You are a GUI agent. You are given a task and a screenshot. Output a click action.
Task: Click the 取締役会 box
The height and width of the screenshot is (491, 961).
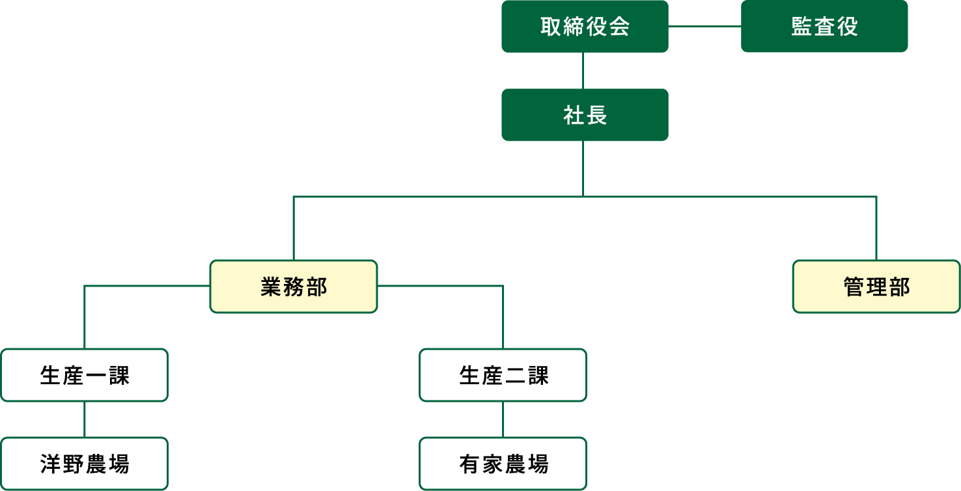(x=585, y=26)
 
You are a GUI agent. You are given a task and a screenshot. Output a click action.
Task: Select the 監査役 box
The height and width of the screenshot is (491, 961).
(x=824, y=26)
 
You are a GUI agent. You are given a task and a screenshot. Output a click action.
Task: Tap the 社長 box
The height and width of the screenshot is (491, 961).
(x=585, y=115)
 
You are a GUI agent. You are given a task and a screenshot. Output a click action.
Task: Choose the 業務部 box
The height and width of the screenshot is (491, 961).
(x=294, y=287)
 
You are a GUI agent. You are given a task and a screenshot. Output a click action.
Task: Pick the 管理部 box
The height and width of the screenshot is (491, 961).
(x=876, y=287)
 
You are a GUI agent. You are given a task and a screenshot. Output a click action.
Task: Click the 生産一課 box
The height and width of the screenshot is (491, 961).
(x=84, y=375)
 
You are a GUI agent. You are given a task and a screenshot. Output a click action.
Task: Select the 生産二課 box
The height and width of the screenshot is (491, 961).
(x=503, y=375)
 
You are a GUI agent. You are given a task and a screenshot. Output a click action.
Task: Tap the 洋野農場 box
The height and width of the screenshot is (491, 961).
(x=84, y=464)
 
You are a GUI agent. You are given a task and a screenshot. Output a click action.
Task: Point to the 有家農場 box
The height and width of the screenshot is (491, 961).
(x=503, y=464)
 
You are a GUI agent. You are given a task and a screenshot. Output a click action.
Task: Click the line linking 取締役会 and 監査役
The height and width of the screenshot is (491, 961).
(x=704, y=26)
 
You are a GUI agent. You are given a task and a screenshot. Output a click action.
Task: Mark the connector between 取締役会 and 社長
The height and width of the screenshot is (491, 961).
(x=583, y=70)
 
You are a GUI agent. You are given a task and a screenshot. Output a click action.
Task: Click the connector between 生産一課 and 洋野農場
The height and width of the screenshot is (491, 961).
(x=84, y=419)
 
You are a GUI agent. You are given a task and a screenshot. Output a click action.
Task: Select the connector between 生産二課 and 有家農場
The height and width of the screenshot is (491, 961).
(x=503, y=419)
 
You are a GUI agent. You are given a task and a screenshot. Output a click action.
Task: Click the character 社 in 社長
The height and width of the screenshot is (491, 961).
(x=573, y=115)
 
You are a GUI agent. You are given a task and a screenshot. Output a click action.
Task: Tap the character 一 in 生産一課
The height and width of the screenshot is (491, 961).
(x=96, y=376)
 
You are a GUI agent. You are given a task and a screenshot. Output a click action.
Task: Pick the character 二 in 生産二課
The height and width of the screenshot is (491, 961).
(x=514, y=376)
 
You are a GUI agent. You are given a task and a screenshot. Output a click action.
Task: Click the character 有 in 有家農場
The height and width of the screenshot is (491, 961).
(x=469, y=464)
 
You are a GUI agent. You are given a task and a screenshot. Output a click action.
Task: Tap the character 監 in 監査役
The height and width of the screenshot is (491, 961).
(x=801, y=27)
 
